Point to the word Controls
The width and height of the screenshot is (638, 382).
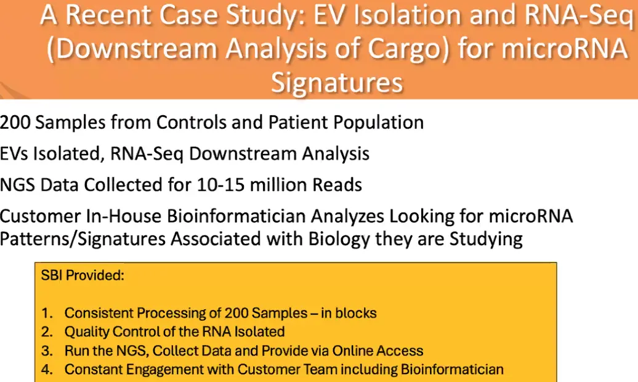pos(192,122)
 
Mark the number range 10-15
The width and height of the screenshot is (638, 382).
pos(220,184)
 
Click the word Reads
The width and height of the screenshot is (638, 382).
pos(337,184)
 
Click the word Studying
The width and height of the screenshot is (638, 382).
pos(486,239)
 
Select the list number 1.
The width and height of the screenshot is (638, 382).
pos(47,313)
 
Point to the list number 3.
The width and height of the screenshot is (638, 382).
pos(47,351)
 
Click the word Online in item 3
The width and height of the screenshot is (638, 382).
pos(352,351)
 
